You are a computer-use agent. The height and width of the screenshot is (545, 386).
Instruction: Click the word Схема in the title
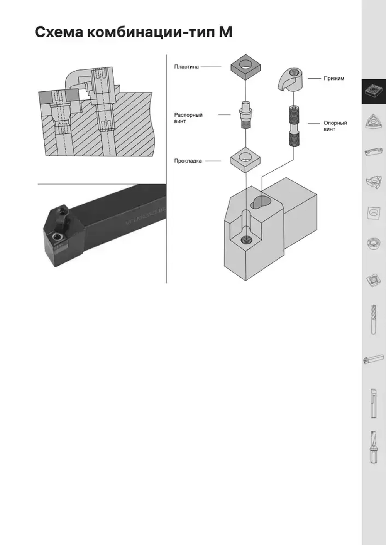(x=59, y=32)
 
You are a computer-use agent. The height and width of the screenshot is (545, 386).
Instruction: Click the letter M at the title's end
(x=226, y=32)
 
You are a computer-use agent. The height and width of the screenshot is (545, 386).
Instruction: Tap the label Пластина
(x=186, y=67)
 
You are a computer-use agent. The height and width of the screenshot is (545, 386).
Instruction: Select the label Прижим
(x=334, y=78)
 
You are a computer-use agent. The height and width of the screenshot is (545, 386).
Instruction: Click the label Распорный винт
(x=188, y=118)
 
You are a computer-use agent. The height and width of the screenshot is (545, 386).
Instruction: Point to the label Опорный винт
(x=335, y=126)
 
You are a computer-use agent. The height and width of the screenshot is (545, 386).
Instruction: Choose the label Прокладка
(x=188, y=161)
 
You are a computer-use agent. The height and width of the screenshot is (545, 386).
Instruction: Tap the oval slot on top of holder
(x=261, y=202)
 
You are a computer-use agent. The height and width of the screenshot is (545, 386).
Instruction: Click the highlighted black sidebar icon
(x=373, y=91)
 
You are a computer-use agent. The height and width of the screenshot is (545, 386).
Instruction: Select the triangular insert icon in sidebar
(x=373, y=122)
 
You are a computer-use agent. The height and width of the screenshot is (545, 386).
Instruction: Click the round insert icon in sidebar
(x=373, y=243)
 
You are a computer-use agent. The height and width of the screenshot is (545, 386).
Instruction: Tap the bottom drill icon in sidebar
(x=373, y=447)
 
